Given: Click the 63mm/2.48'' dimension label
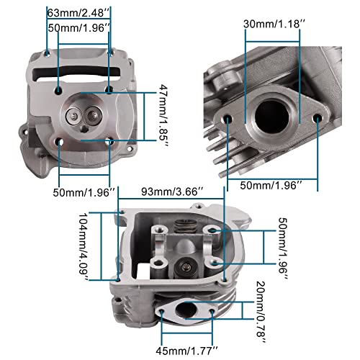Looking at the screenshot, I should tap(78, 12).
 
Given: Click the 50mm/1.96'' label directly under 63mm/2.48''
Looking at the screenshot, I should tap(78, 27).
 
